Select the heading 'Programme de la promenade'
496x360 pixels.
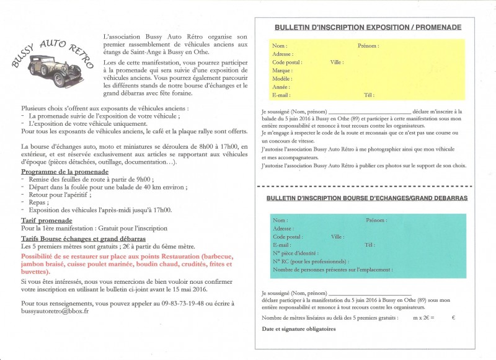pyautogui.click(x=65, y=171)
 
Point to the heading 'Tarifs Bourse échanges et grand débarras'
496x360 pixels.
pyautogui.click(x=83, y=237)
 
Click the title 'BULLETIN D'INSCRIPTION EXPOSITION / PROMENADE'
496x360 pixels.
pyautogui.click(x=368, y=27)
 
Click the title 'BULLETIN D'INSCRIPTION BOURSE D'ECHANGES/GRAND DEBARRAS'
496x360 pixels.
pyautogui.click(x=367, y=198)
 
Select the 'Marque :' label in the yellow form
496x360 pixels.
pyautogui.click(x=282, y=71)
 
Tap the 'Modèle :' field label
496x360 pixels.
pyautogui.click(x=282, y=79)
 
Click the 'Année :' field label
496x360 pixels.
pyautogui.click(x=281, y=87)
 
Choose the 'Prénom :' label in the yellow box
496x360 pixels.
pyautogui.click(x=368, y=46)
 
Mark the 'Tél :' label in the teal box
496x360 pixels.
pyautogui.click(x=370, y=245)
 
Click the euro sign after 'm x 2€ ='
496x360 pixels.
pyautogui.click(x=453, y=317)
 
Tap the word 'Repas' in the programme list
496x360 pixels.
pyautogui.click(x=37, y=201)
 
